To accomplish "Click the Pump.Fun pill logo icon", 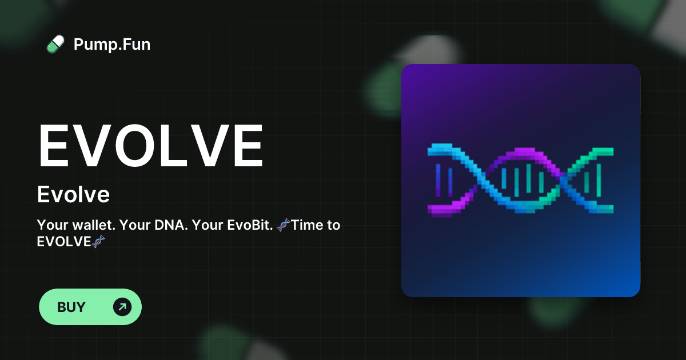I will click(x=55, y=44).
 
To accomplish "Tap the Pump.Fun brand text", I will click(x=112, y=44).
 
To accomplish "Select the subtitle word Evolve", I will click(x=73, y=195).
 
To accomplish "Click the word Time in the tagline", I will click(x=306, y=225).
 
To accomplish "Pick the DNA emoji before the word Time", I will click(x=284, y=225).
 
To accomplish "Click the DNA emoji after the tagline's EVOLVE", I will click(x=98, y=242).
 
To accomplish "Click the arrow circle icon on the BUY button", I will click(x=122, y=307).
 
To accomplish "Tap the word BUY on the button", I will click(x=71, y=307).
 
